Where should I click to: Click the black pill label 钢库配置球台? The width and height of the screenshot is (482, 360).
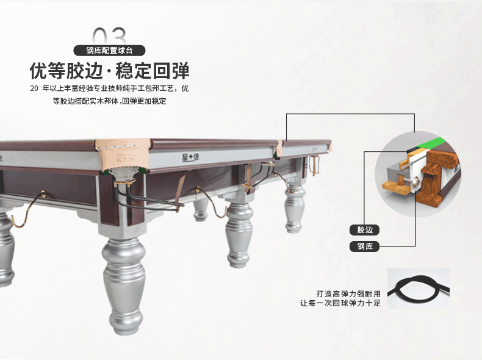(109, 51)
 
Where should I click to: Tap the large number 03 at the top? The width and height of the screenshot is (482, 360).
(109, 35)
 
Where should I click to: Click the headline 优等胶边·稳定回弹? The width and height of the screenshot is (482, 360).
(109, 71)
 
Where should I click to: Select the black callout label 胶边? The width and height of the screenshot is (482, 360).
(365, 230)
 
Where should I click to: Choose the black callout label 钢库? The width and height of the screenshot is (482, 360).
(365, 247)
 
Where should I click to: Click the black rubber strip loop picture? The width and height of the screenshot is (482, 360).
(418, 288)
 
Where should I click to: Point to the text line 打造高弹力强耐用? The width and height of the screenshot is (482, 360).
(348, 294)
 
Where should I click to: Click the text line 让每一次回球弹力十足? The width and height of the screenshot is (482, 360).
(340, 303)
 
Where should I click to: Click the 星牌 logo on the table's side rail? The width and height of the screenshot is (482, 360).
(190, 157)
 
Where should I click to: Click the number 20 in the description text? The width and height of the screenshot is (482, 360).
(34, 88)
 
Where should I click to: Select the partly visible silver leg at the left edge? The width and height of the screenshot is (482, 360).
(5, 249)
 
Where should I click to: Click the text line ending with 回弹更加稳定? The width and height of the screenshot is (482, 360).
(109, 101)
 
